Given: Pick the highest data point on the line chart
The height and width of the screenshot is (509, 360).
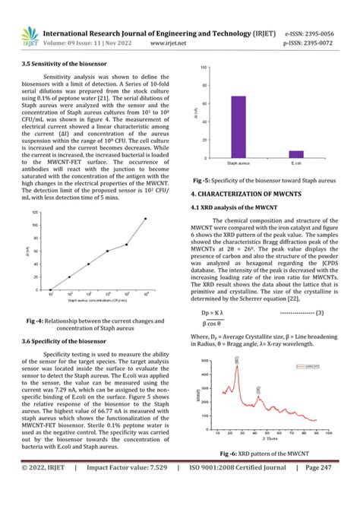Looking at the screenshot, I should [145, 219].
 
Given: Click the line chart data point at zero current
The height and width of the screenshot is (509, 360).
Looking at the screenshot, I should [50, 289].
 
